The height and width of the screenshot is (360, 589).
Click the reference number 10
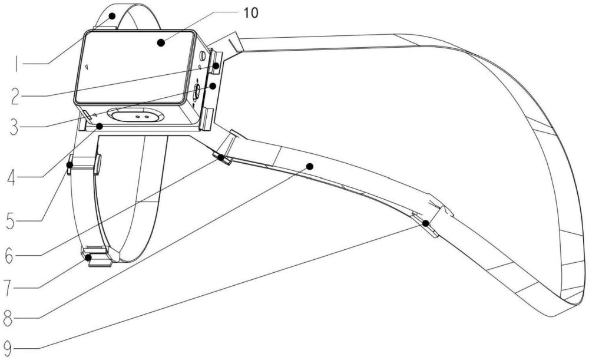point(251,13)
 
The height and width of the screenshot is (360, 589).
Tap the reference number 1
point(16,63)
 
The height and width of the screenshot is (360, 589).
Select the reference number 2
point(15,96)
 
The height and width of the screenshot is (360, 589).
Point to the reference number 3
point(14,127)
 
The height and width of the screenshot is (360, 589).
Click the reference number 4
point(11,177)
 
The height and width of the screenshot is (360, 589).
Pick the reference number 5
point(11,220)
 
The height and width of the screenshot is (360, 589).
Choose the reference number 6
point(9,256)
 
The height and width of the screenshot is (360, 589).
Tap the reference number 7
point(8,288)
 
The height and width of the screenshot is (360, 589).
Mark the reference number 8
point(8,319)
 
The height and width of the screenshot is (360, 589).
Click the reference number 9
point(8,348)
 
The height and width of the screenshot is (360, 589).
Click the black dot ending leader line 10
point(161,42)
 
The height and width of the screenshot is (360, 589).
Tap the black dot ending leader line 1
point(112,16)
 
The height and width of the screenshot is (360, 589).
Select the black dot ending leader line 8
point(310,166)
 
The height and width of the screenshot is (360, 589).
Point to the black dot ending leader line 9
point(426,223)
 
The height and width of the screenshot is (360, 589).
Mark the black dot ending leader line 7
point(89,257)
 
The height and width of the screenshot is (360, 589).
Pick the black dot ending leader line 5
point(70,164)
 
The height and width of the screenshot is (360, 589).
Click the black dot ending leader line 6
point(221,157)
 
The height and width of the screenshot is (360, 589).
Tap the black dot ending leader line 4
point(100,126)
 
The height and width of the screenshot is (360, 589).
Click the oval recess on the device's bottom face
point(135,115)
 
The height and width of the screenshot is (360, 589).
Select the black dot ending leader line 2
point(216,65)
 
